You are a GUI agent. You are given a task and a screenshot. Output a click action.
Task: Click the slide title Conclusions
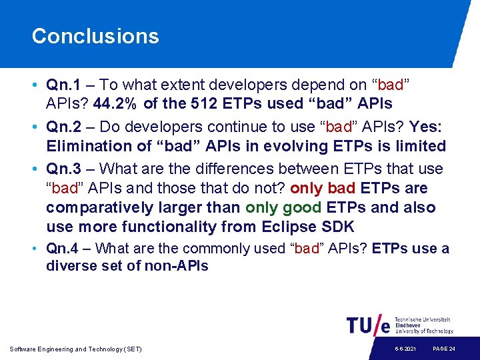(95, 36)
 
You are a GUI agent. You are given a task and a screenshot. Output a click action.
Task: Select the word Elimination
(87, 146)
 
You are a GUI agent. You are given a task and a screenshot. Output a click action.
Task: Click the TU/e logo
(368, 325)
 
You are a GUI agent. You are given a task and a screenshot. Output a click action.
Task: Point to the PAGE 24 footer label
(444, 349)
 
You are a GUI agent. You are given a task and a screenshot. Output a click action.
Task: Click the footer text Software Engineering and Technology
(75, 349)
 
